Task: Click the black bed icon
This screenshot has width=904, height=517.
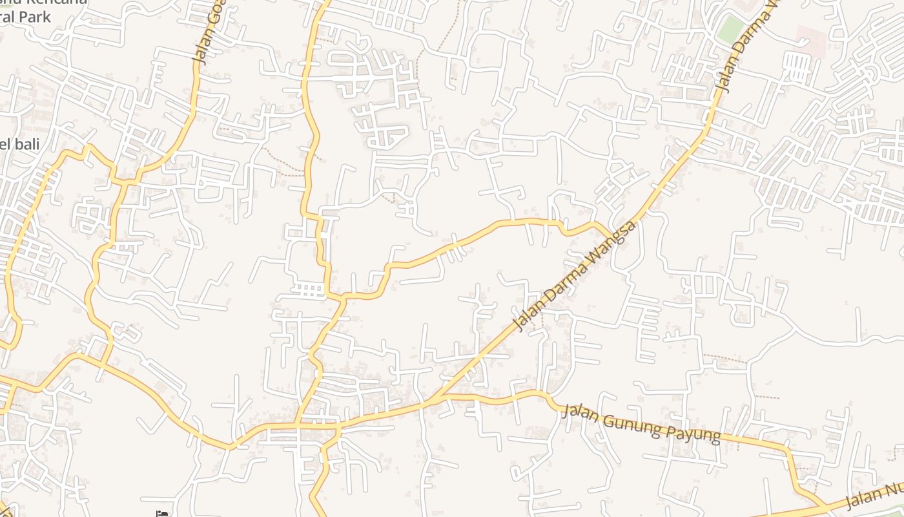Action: tap(162, 514)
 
